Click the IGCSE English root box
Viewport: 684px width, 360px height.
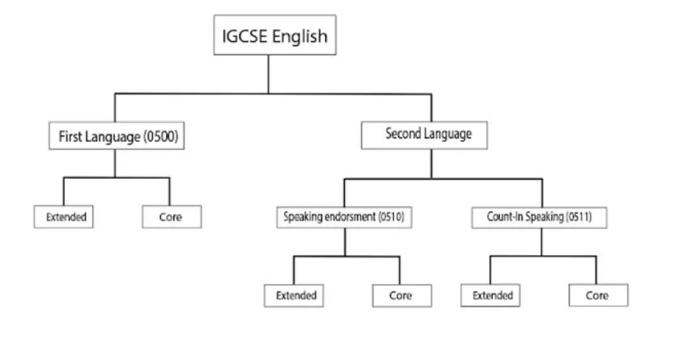point(274,36)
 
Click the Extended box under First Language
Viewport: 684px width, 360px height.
point(66,217)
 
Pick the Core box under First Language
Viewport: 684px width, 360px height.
point(171,217)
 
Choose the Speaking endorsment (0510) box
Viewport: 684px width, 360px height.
point(344,217)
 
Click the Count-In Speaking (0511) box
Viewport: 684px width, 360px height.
point(538,217)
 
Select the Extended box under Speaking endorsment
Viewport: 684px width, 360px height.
point(295,295)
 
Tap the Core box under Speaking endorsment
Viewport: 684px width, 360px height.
point(400,295)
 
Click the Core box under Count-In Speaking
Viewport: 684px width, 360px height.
point(597,295)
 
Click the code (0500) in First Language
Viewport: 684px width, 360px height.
point(160,138)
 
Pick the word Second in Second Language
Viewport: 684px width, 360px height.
point(401,134)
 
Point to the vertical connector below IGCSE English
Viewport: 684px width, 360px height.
point(269,74)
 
